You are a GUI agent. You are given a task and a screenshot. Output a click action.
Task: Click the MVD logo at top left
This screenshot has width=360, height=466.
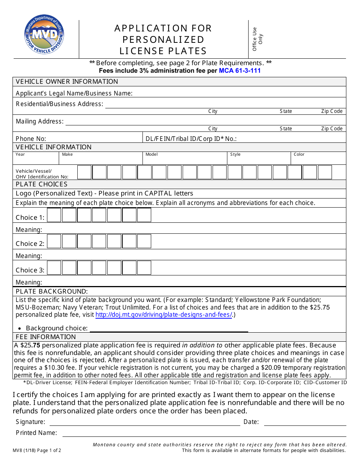coord(44,35)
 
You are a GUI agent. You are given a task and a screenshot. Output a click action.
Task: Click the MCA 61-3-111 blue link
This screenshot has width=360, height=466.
coord(239,70)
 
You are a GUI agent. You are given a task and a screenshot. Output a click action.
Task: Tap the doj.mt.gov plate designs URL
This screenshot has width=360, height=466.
coord(164,315)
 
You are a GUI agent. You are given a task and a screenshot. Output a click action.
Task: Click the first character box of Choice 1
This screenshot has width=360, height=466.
coord(54,215)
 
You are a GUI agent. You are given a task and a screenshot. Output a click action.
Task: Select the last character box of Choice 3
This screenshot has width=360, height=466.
coord(144,268)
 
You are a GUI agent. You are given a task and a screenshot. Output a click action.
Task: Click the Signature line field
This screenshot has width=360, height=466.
coord(145,422)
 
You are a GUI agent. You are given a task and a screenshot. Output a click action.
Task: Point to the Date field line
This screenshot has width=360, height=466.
coord(305,422)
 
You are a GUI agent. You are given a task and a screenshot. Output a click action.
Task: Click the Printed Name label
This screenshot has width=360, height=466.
coord(36,433)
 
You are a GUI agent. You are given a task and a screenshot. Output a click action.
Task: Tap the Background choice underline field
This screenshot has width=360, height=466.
coord(169,328)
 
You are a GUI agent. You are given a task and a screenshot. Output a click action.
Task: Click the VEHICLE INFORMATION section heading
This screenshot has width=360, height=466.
coord(53,147)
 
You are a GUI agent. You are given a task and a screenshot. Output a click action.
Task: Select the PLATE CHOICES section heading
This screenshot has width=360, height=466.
coord(42,184)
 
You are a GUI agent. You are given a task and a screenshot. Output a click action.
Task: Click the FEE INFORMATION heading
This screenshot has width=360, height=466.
coord(46,337)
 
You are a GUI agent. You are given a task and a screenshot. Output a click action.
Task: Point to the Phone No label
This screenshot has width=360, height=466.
coord(31,139)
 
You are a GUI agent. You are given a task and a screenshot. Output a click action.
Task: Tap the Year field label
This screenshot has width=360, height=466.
coord(20,154)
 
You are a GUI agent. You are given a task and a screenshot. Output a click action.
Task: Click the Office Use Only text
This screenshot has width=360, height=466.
coord(257,39)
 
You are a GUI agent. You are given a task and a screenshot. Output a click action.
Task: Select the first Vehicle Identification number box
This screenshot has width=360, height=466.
coord(85,172)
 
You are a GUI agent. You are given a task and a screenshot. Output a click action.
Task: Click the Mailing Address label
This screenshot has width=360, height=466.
coord(40,121)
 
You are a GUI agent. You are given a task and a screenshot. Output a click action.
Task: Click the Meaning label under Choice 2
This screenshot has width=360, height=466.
coord(29,256)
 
